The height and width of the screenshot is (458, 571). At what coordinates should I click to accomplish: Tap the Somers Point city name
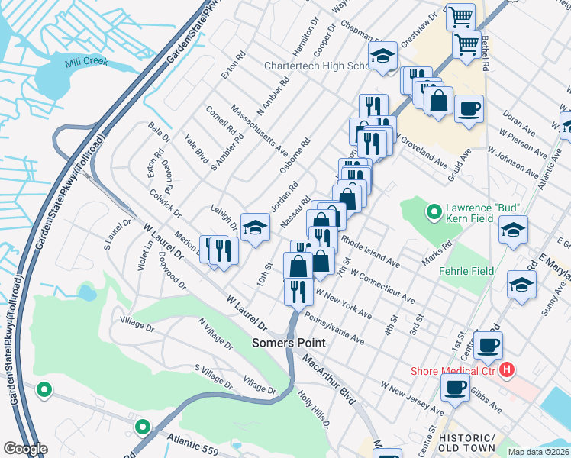click(x=289, y=343)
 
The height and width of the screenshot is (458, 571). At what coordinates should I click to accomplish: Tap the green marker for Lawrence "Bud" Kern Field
click(x=434, y=211)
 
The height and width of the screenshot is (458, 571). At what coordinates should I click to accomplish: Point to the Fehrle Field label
click(x=466, y=271)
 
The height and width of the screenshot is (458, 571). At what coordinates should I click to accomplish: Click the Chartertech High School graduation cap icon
click(x=382, y=56)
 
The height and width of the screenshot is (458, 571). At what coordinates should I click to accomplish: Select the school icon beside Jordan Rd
click(x=255, y=226)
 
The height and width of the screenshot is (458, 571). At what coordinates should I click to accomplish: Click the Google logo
click(x=24, y=449)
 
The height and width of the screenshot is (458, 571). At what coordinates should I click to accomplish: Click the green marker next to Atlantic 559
click(x=142, y=426)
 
